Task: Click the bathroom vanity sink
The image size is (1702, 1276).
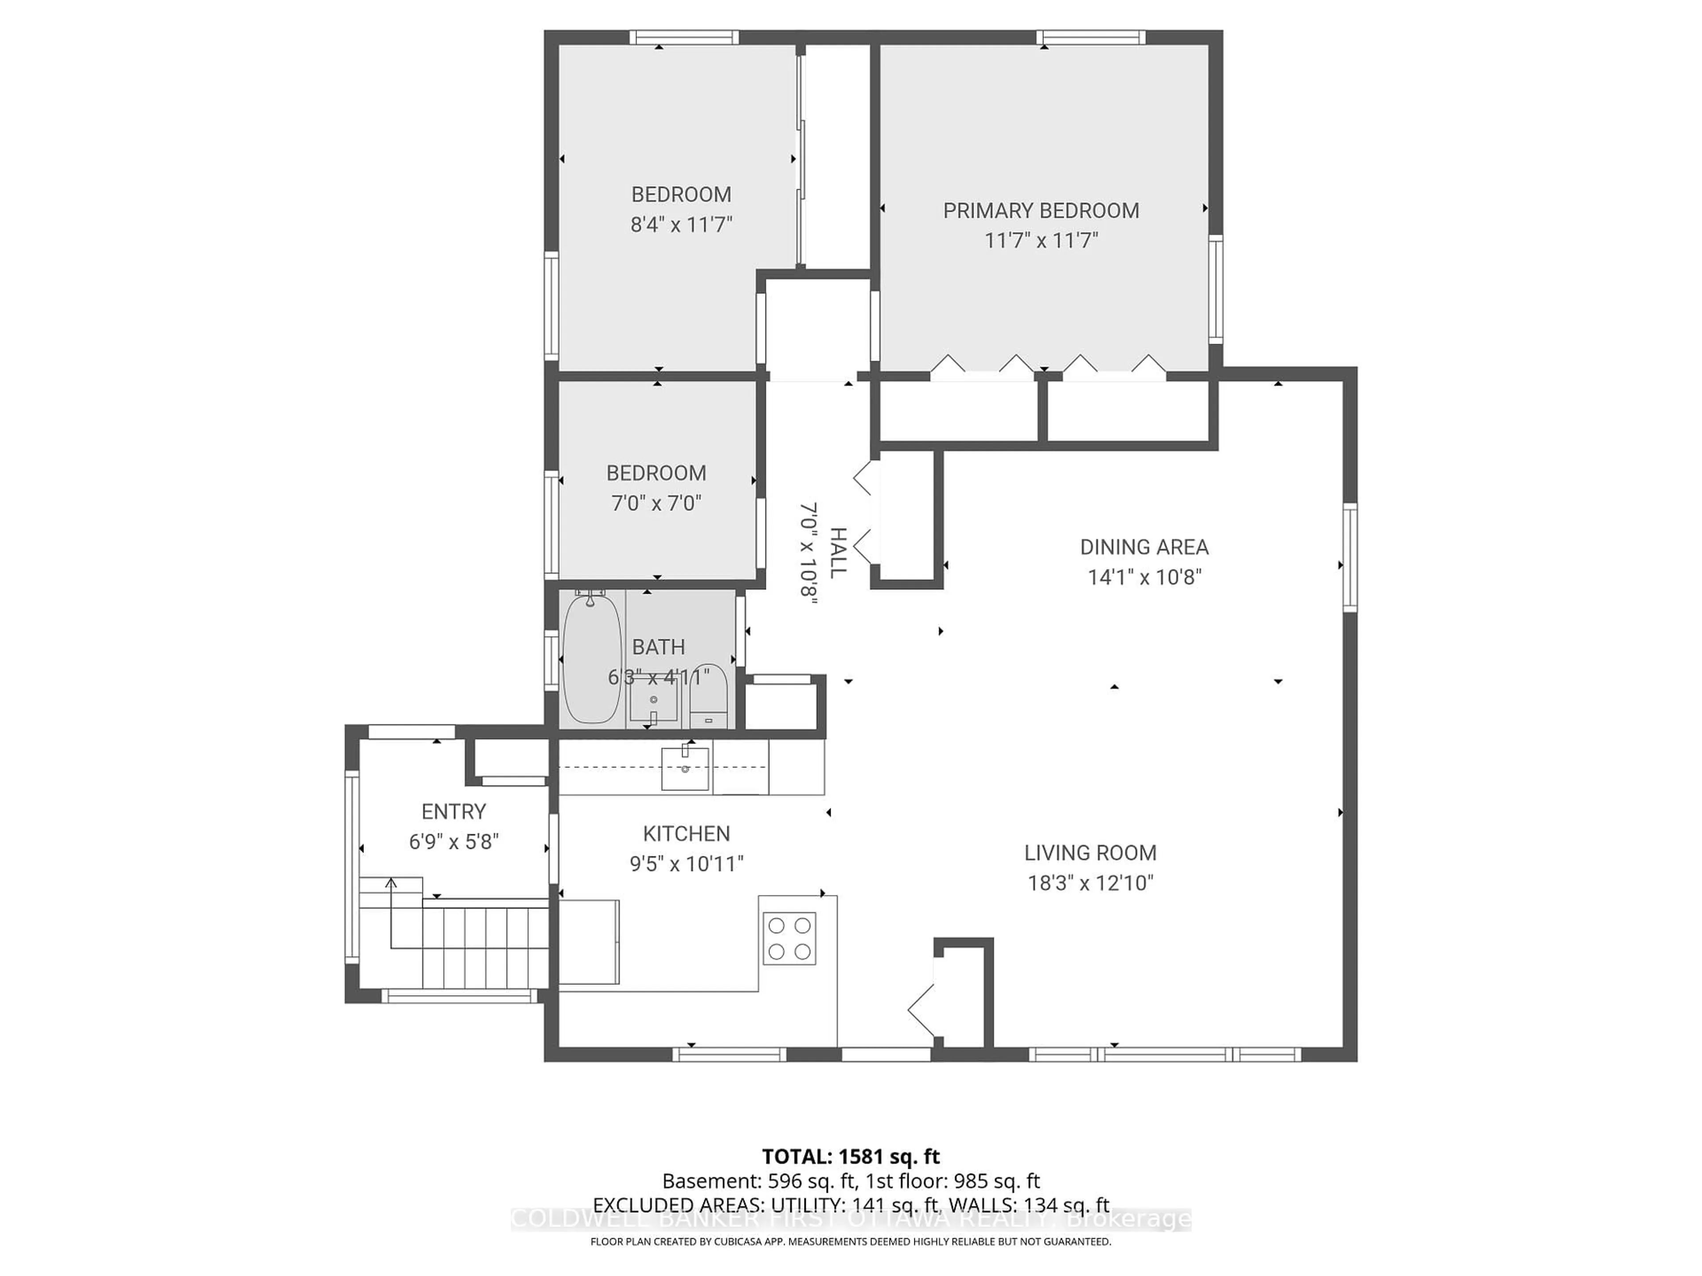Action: coord(653,700)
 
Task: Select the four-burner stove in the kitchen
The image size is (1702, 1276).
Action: coord(789,938)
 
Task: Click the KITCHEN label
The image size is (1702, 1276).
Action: coord(686,834)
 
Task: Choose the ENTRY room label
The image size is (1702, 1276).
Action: coord(453,811)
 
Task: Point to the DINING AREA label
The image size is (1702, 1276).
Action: coord(1144,548)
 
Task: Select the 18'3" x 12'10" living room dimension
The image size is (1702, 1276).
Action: coord(1090,883)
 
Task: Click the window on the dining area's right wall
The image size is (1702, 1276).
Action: coord(1350,558)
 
